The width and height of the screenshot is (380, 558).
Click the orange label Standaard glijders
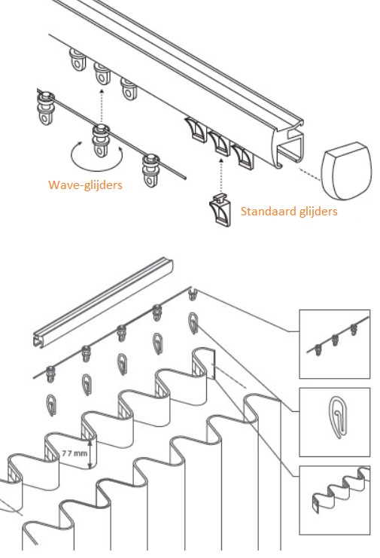(x=288, y=212)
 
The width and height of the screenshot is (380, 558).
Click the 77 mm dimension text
(x=72, y=453)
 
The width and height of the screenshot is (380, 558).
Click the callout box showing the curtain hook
(x=333, y=421)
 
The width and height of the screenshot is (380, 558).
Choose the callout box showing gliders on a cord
(x=333, y=343)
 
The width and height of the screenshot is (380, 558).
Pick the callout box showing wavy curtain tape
(x=333, y=498)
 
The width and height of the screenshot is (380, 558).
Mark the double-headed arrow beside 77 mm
(x=91, y=453)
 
